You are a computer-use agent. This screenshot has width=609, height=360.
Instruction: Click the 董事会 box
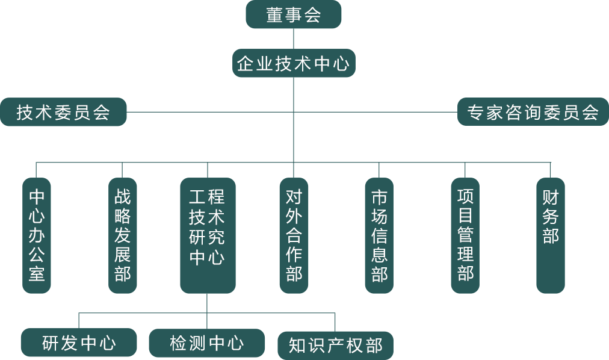click(294, 15)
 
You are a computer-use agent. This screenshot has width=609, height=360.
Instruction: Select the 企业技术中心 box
click(294, 63)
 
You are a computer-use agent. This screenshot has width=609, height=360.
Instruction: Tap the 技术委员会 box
click(63, 112)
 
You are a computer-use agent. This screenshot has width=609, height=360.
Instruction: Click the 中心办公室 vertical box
click(37, 235)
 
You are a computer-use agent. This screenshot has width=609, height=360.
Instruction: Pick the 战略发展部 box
click(123, 235)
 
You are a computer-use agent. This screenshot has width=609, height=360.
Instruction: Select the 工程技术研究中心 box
click(207, 235)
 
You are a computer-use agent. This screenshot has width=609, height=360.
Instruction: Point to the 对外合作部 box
click(294, 235)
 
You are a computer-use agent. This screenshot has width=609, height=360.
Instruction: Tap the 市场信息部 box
click(379, 235)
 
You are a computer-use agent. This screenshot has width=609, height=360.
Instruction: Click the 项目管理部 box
click(465, 235)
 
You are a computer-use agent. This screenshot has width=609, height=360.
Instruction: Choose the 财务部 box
click(551, 235)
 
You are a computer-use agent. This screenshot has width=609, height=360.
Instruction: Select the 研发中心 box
click(78, 343)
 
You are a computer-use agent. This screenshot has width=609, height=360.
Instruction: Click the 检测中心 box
click(207, 343)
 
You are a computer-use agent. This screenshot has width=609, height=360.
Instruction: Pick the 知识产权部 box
click(336, 346)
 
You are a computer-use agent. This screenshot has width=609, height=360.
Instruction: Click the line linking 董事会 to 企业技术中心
click(294, 39)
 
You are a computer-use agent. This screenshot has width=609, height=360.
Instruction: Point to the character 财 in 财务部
click(551, 197)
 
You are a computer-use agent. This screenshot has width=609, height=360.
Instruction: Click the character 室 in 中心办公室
click(37, 274)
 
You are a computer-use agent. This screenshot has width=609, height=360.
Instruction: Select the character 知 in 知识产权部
click(298, 346)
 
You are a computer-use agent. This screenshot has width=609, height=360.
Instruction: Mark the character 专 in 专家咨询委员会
click(477, 113)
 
